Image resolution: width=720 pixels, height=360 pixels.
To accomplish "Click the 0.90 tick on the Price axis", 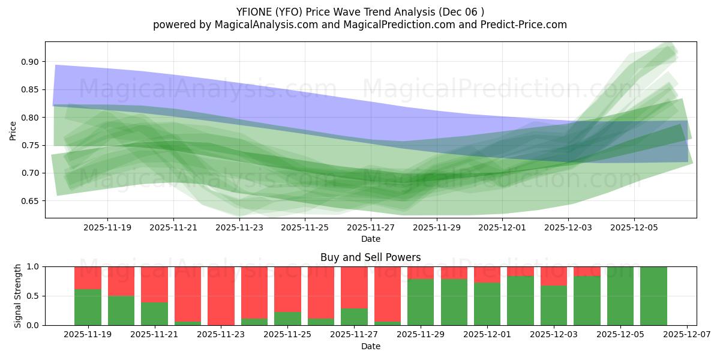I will pyautogui.click(x=31, y=62).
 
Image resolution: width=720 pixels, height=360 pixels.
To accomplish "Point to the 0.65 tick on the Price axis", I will pyautogui.click(x=31, y=201).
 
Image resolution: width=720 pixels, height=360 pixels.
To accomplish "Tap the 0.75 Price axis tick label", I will pyautogui.click(x=31, y=145).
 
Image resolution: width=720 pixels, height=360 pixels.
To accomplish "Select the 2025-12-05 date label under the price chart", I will pyautogui.click(x=634, y=228).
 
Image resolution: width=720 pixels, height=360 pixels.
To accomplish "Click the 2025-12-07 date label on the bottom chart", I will pyautogui.click(x=687, y=335).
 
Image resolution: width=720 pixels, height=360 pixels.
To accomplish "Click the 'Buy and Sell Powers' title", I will pyautogui.click(x=370, y=257).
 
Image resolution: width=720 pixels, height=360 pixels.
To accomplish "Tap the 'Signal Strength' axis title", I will pyautogui.click(x=18, y=296).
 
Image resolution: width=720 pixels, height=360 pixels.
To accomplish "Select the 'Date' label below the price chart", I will pyautogui.click(x=370, y=239).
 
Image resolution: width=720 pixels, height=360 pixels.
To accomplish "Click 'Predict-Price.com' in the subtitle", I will pyautogui.click(x=523, y=25).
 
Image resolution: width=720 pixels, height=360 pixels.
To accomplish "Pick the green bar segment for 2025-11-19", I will pyautogui.click(x=88, y=307).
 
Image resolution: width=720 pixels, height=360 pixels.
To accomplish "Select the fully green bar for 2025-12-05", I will pyautogui.click(x=620, y=296).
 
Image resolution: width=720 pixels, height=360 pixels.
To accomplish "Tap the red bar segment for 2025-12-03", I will pyautogui.click(x=554, y=275).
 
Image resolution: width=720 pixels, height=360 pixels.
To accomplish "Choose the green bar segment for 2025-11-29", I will pyautogui.click(x=421, y=302).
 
